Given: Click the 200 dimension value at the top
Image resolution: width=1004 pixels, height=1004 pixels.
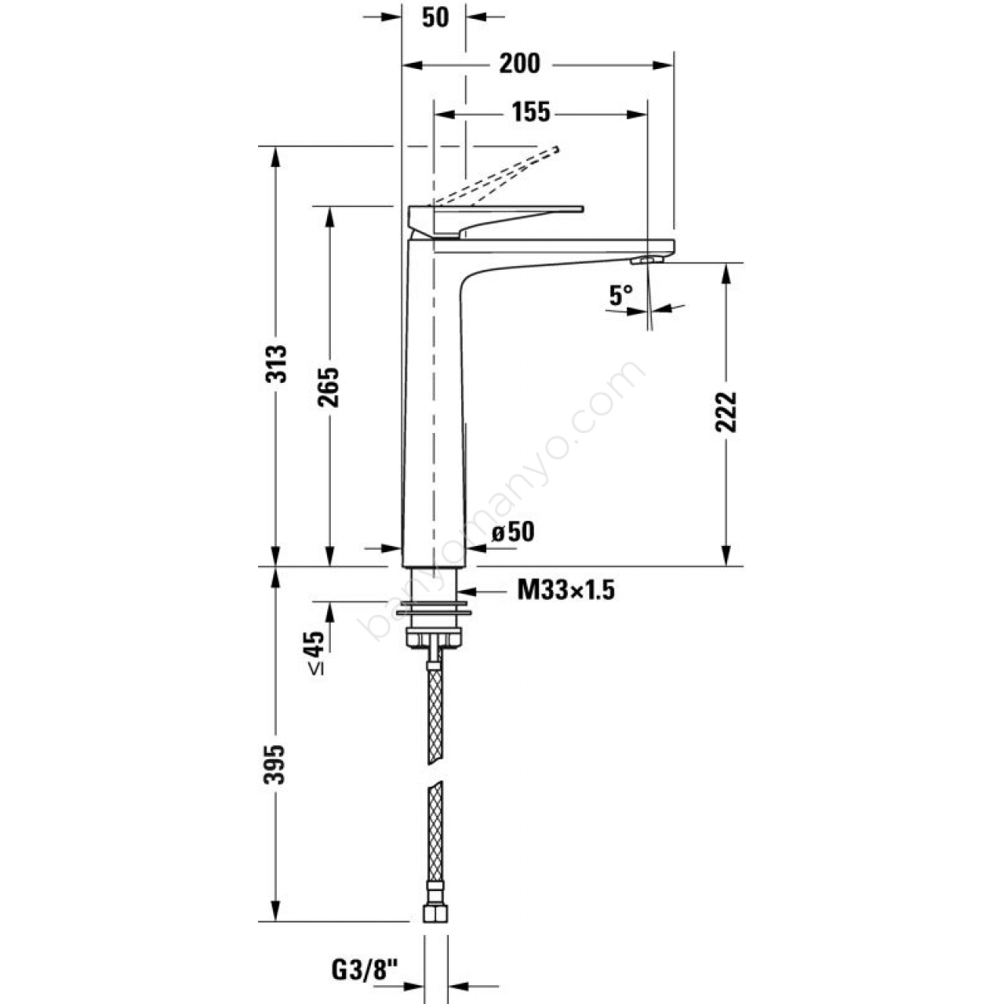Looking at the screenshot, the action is point(520,64).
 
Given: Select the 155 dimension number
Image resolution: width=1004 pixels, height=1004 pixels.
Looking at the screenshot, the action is point(530,112).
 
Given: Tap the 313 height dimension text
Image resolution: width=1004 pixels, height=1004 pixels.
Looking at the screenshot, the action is point(276,364).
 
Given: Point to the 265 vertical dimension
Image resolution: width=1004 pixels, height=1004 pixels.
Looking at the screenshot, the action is point(328,387).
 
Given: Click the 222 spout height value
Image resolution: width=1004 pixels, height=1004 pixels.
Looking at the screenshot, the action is point(726,412).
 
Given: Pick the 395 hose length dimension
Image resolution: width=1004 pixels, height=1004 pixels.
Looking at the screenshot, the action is point(275,764).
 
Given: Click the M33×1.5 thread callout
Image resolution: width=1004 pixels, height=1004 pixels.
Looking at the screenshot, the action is point(566,591).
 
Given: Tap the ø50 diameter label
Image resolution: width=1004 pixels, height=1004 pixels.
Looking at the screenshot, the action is point(513,533).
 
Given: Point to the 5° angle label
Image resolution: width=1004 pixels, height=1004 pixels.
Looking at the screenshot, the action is point(620,296).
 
